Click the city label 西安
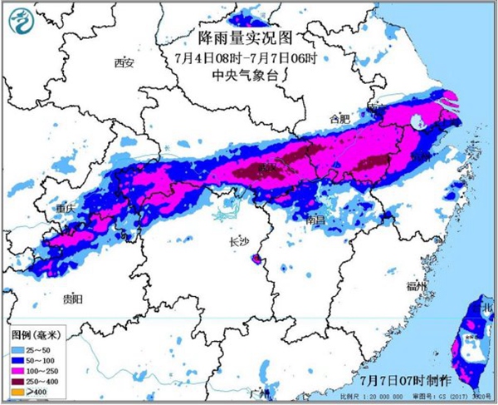[x=124, y=62]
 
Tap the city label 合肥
[x=340, y=119]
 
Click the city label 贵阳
[x=72, y=298]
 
